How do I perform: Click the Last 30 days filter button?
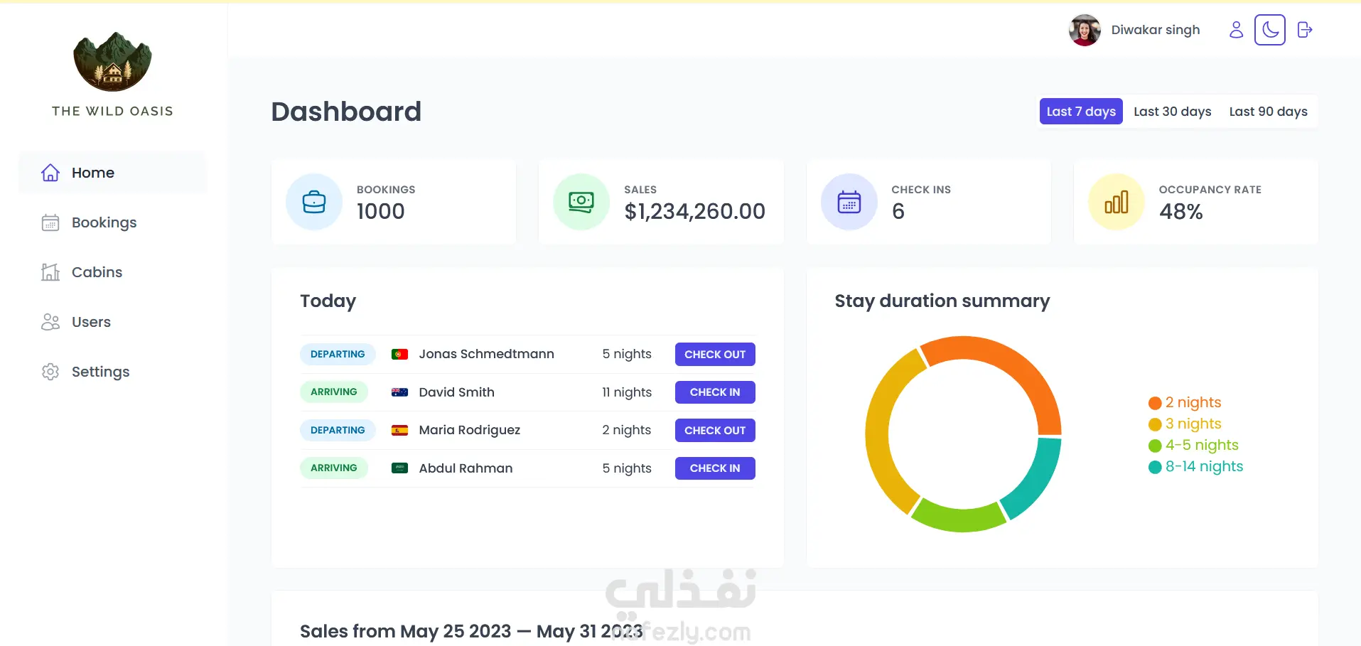[1172, 112]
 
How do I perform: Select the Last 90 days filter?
[1268, 112]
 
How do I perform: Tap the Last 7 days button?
[1081, 112]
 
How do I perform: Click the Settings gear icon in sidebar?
[50, 372]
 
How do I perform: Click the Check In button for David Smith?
[715, 392]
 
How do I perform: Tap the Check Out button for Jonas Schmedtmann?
[715, 354]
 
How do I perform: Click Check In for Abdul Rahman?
[715, 468]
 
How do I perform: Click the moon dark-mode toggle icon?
[1270, 30]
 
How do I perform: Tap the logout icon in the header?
[1305, 30]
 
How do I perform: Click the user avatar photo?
[1085, 30]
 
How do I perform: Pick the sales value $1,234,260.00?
[694, 211]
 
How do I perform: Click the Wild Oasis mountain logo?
[112, 62]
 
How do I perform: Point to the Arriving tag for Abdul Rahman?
[334, 468]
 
